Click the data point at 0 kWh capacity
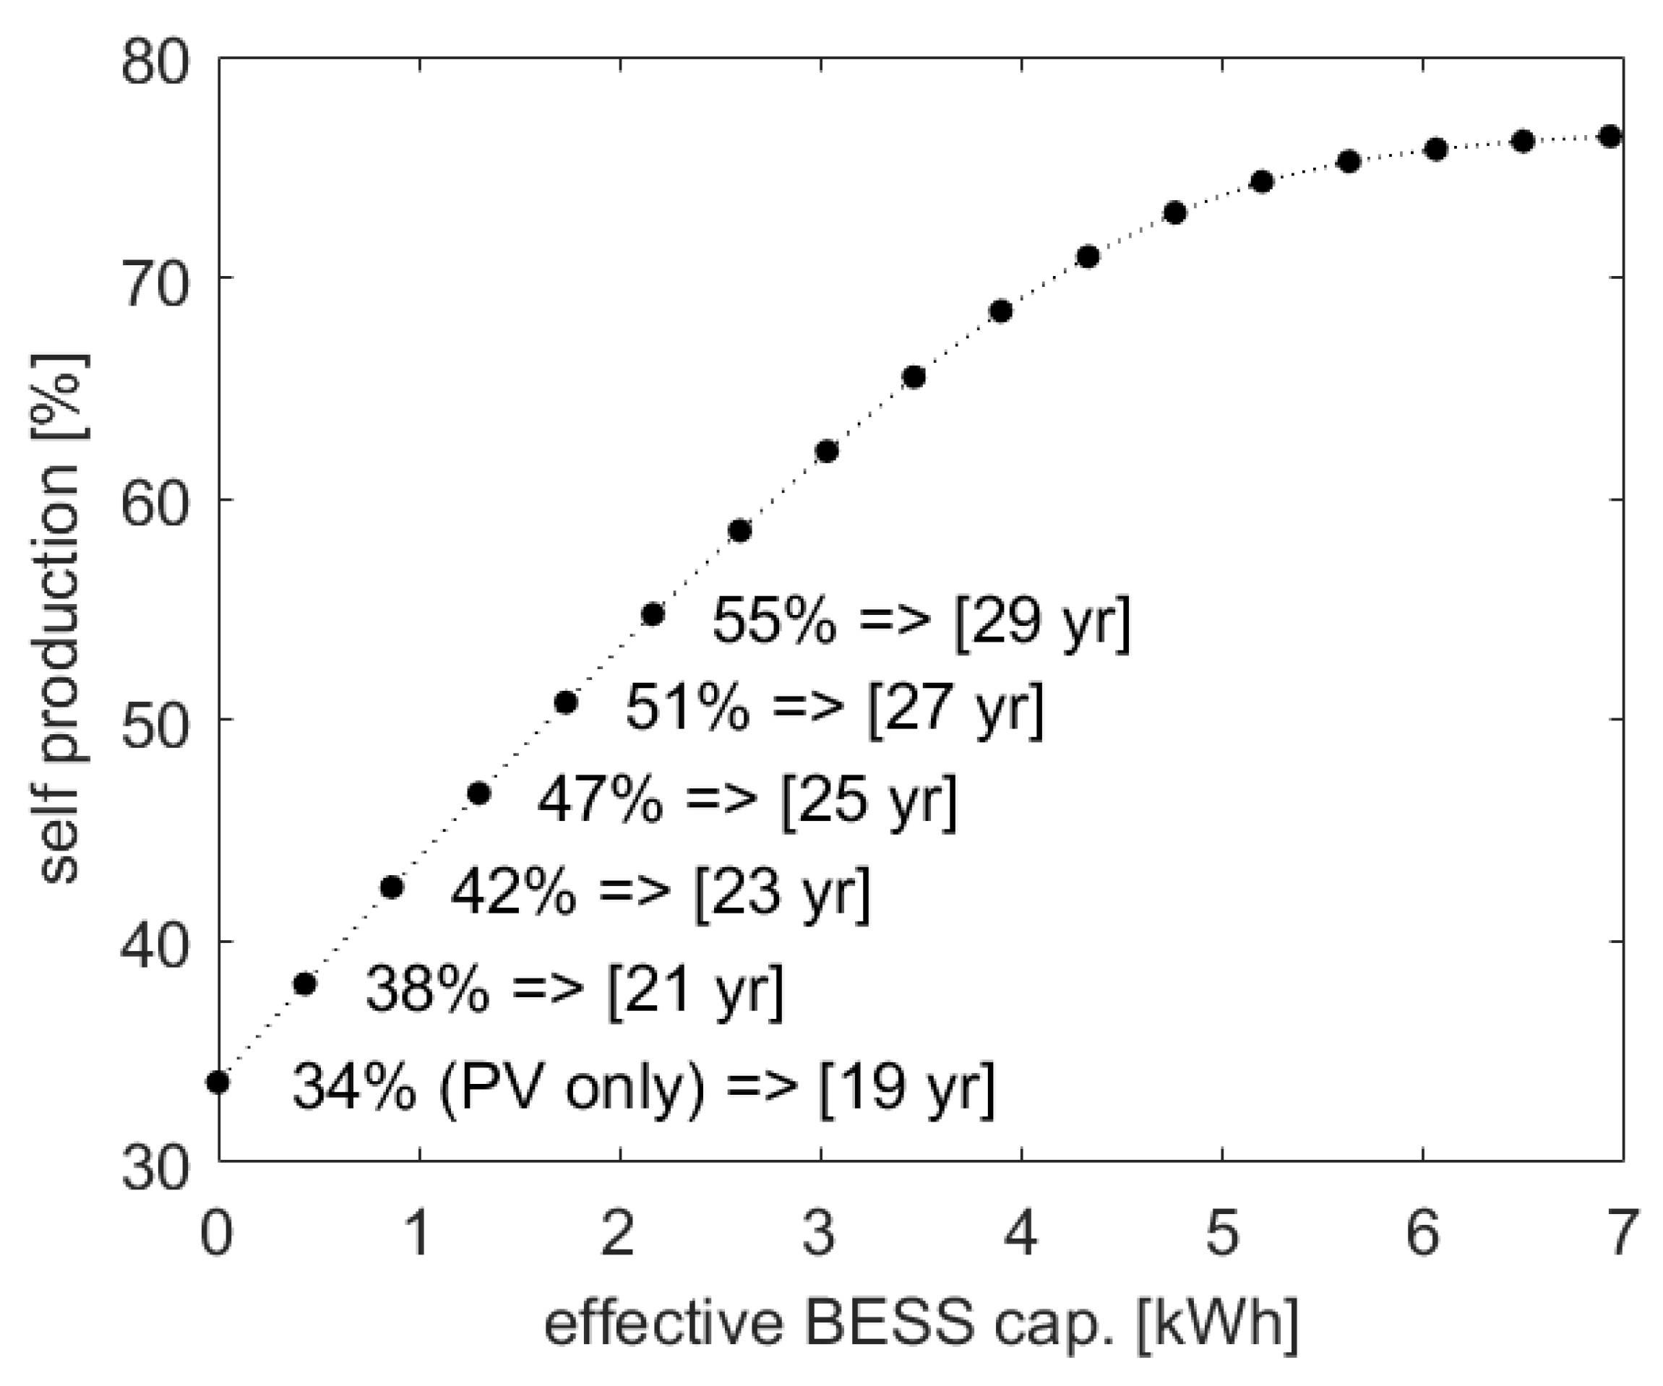point(218,1082)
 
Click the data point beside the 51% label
point(565,702)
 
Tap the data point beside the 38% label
point(305,983)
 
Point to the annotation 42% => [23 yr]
point(661,892)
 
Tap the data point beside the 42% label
point(392,888)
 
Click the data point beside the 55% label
point(653,614)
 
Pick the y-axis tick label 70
point(156,283)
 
